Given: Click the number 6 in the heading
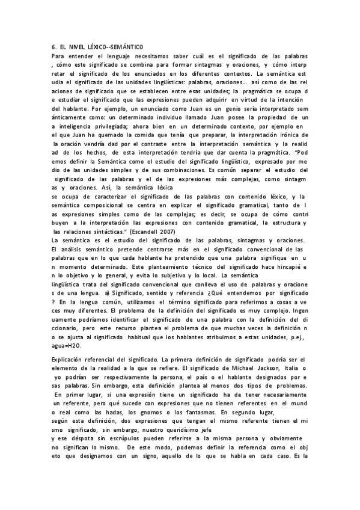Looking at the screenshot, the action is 54,48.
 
